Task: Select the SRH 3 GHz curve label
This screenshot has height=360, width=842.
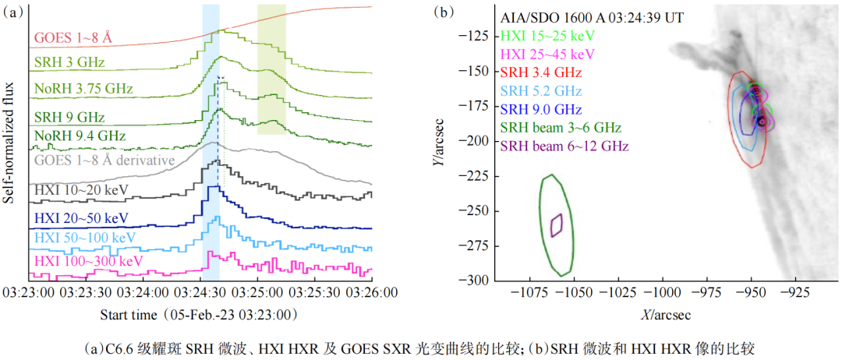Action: pyautogui.click(x=69, y=62)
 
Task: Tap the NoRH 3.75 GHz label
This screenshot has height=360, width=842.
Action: pyautogui.click(x=83, y=89)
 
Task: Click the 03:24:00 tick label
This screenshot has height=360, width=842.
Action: pyautogui.click(x=143, y=293)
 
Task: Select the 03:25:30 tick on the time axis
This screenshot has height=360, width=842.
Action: pyautogui.click(x=315, y=293)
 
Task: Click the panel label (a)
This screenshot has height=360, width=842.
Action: pyautogui.click(x=13, y=12)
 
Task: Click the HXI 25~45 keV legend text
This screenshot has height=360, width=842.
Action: pyautogui.click(x=548, y=54)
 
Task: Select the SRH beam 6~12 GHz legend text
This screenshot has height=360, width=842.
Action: pyautogui.click(x=565, y=146)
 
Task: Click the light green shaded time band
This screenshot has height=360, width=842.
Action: pyautogui.click(x=271, y=68)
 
